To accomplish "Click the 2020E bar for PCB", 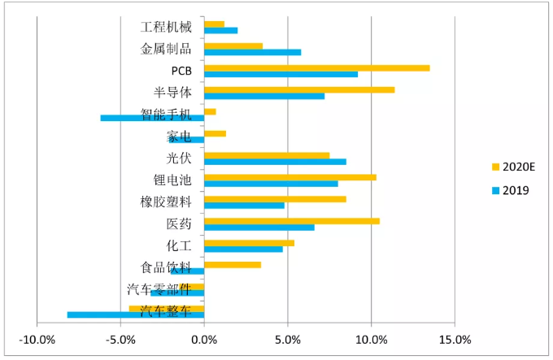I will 317,67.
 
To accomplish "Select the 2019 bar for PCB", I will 281,74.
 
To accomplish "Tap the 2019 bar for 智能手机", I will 152,118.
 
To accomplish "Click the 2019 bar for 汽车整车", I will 135,314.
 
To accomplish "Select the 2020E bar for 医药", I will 291,220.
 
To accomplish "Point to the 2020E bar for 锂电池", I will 290,176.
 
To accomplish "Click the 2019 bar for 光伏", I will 275,161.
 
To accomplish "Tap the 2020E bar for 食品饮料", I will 233,264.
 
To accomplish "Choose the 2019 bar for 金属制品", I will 252,52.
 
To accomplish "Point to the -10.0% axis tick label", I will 37,339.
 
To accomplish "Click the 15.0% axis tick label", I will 455,339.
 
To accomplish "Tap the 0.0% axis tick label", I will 204,339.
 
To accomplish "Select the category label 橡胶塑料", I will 167,202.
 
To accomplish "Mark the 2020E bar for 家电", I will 215,133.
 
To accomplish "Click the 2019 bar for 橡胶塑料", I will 244,205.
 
